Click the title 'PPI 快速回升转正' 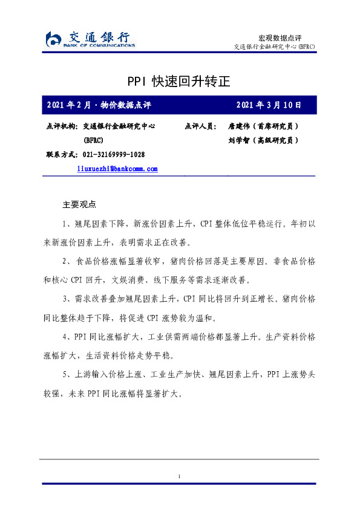179,81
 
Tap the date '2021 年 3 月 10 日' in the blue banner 269,105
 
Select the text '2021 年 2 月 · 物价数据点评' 99,105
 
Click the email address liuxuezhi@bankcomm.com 117,169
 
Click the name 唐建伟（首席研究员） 263,127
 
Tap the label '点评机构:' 61,127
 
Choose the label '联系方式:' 61,155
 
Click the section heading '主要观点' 79,204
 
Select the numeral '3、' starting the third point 68,299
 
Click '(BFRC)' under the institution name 93,140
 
